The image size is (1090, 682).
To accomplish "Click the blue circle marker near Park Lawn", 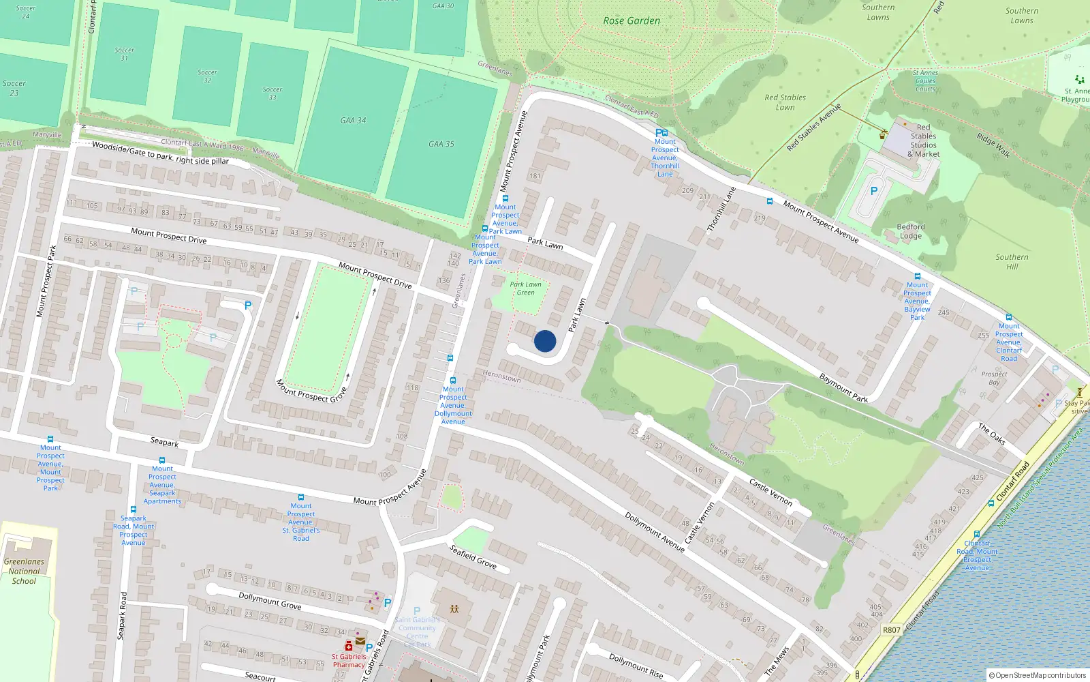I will coord(545,341).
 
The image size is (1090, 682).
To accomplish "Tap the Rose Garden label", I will coord(632,21).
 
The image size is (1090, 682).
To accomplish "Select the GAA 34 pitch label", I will coord(353,121).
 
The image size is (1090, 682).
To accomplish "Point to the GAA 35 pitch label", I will coord(441,145).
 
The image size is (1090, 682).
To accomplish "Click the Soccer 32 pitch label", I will coord(207,76).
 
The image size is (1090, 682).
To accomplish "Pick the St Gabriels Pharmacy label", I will coord(349,661).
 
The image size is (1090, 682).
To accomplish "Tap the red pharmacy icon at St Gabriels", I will coord(349,646).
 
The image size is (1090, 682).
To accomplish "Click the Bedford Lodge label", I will coord(911,231).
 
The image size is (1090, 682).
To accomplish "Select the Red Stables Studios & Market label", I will coord(923,140).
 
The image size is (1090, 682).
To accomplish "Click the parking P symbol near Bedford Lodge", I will coord(874,192).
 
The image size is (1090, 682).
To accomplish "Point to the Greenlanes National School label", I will coord(24,572).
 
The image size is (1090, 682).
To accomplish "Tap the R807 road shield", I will coord(892,629).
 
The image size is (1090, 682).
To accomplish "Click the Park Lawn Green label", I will coord(526,288).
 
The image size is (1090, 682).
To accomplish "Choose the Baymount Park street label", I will coord(843,387).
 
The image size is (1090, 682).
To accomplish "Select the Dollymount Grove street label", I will coord(270,601).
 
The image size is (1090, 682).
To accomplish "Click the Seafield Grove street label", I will coord(473,557).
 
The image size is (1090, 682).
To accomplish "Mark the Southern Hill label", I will coord(1012,262).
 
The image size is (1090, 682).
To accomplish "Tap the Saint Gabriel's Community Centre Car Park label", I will coord(417,628).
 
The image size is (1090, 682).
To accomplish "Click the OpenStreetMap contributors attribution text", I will coord(1038,675).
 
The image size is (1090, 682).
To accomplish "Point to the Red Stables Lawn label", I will coord(785,102).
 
